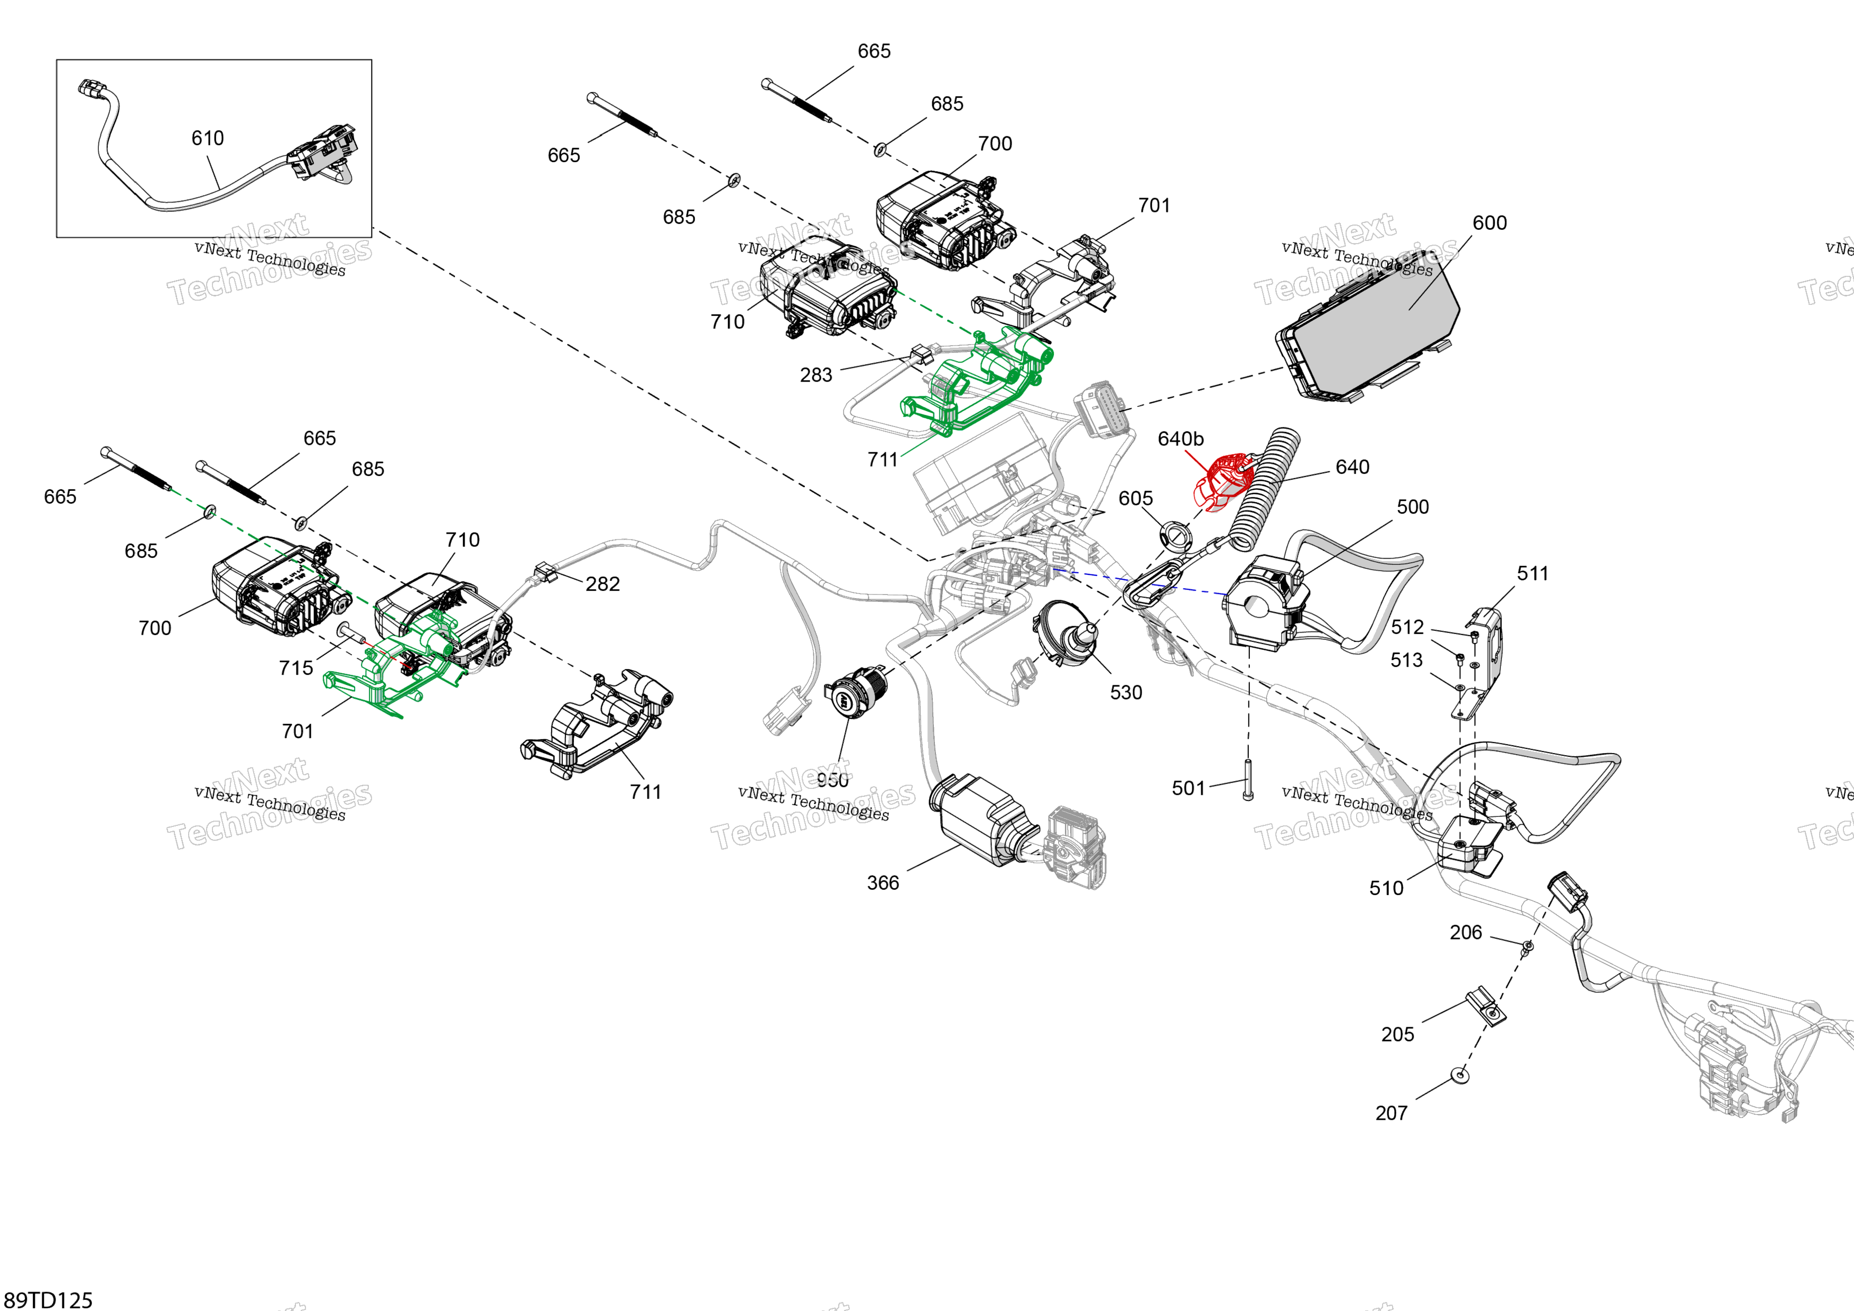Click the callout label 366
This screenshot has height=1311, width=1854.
pyautogui.click(x=883, y=882)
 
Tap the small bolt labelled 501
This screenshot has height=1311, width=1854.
pyautogui.click(x=1248, y=779)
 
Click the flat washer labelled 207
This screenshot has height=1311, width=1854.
pyautogui.click(x=1459, y=1074)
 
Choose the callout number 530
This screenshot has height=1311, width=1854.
pyautogui.click(x=1126, y=693)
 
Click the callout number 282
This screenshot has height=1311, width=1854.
pyautogui.click(x=602, y=584)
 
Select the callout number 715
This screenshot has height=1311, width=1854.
pyautogui.click(x=295, y=667)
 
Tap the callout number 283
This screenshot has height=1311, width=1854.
pyautogui.click(x=815, y=375)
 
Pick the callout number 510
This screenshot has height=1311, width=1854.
pyautogui.click(x=1386, y=888)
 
